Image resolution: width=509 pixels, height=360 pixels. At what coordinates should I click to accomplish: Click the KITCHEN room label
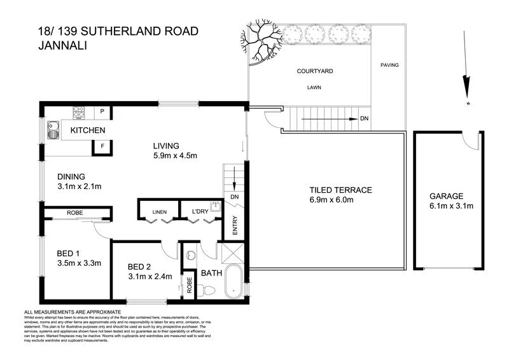tap(87, 130)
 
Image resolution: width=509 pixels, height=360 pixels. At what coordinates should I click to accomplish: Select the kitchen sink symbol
tap(52, 131)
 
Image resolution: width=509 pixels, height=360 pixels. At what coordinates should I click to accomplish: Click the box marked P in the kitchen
tap(102, 113)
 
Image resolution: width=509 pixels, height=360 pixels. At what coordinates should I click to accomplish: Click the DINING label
tap(71, 177)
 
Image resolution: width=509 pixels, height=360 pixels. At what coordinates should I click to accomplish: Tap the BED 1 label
tap(67, 251)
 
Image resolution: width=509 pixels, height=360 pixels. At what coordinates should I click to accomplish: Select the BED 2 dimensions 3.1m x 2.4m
tap(151, 277)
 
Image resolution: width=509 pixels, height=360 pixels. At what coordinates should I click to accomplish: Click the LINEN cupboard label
tap(159, 212)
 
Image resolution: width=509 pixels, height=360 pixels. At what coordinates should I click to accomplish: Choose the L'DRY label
tap(192, 212)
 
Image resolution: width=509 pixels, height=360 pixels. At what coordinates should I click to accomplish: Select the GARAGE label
tap(445, 196)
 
